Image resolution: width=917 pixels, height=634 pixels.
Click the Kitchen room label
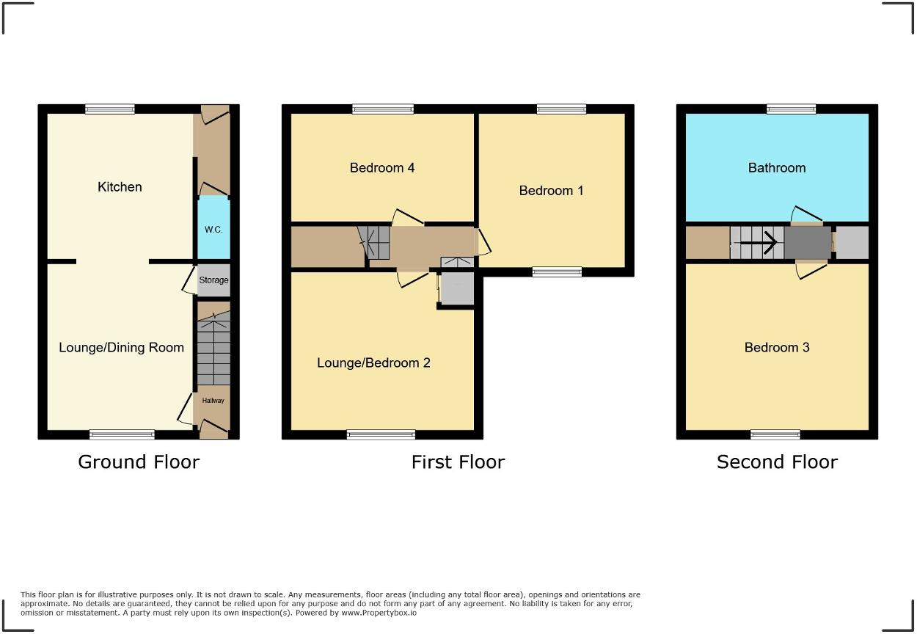[120, 187]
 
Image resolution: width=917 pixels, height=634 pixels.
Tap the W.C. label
[213, 230]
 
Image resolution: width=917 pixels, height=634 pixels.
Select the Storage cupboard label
[213, 280]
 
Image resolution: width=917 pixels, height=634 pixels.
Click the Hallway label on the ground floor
[213, 401]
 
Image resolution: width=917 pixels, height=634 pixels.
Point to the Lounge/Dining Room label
[121, 347]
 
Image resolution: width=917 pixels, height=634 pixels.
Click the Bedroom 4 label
[382, 168]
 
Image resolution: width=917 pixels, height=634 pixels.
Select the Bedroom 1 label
[551, 191]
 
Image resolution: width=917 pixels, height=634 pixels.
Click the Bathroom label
[777, 168]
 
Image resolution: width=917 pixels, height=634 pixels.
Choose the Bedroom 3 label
[777, 347]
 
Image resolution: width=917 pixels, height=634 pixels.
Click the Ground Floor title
[139, 462]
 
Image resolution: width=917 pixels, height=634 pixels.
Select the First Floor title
[458, 462]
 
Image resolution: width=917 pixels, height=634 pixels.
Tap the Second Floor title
[777, 462]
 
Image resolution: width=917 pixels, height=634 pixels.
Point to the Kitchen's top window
[110, 109]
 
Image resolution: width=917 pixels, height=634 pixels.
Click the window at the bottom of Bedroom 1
[557, 272]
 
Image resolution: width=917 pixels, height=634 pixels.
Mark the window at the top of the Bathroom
[792, 109]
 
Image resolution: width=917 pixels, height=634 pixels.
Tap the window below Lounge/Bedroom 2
[381, 435]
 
